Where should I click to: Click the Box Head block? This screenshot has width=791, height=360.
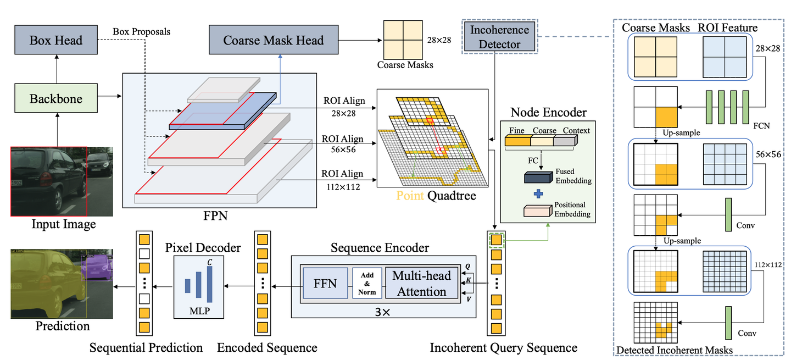[56, 40]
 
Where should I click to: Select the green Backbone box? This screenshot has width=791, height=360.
[56, 99]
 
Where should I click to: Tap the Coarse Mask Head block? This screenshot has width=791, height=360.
[274, 40]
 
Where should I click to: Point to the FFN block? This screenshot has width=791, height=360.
[325, 284]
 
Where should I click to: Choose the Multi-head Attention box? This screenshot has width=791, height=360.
[422, 284]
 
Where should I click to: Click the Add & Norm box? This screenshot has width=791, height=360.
[367, 284]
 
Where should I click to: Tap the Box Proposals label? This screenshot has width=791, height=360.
[142, 31]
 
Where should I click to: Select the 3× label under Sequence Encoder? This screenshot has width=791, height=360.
[383, 311]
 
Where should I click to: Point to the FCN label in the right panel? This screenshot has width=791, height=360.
[762, 125]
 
